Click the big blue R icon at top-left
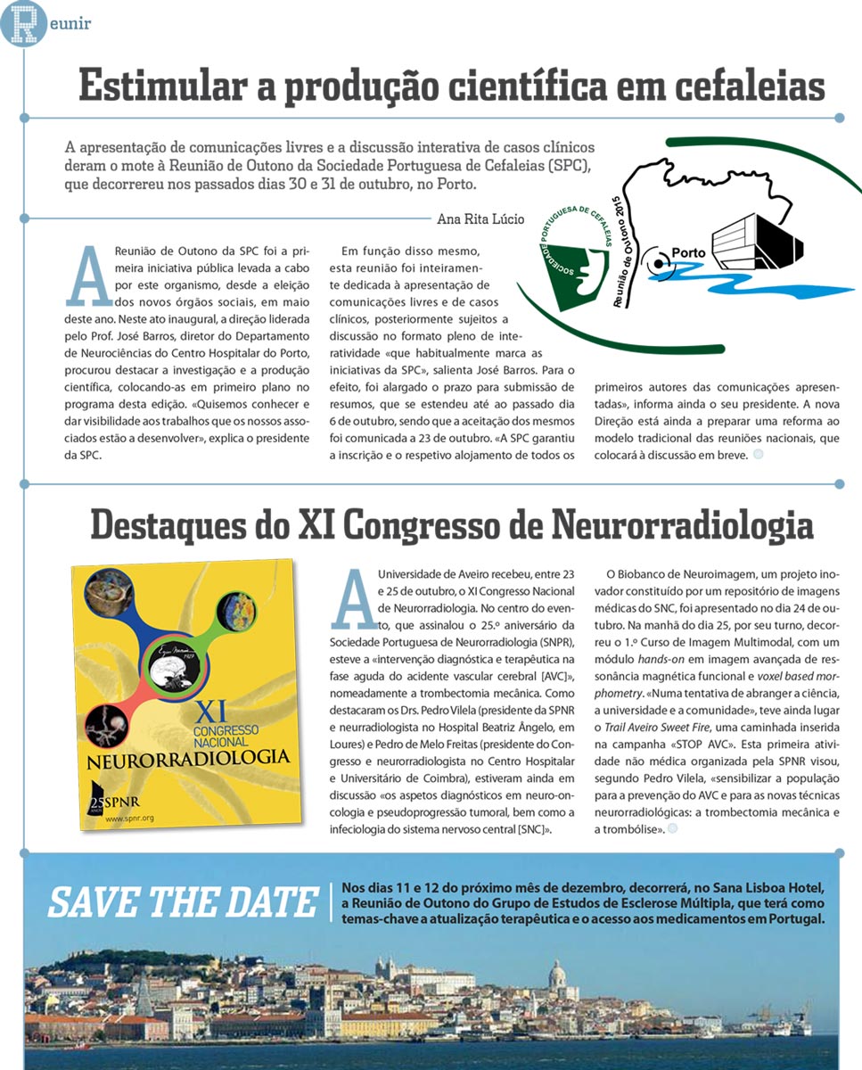tap(21, 22)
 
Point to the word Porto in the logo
tap(688, 252)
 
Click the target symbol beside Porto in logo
tap(658, 263)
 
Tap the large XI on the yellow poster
tap(210, 712)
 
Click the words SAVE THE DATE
tap(183, 901)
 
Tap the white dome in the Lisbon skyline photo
tap(557, 975)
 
